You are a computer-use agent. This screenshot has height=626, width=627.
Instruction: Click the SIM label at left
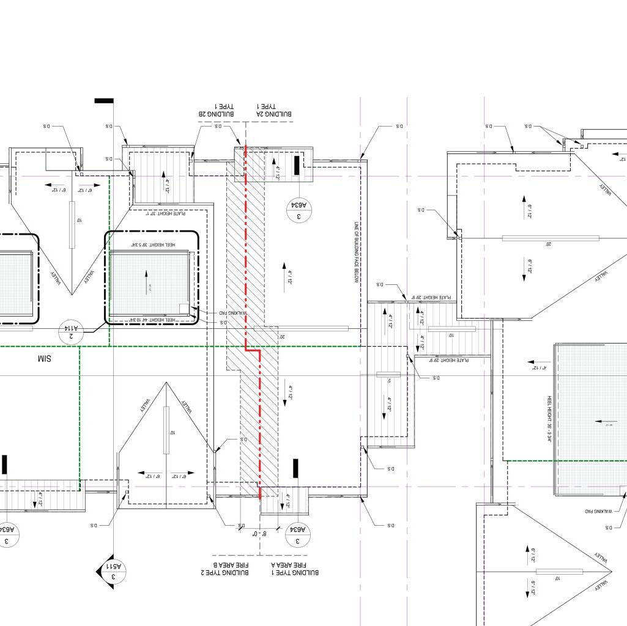point(45,358)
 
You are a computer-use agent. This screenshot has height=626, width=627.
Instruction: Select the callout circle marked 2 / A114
point(70,332)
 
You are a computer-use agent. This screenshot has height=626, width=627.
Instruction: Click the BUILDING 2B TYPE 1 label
point(218,110)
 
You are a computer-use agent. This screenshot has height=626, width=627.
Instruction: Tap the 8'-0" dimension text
point(260,534)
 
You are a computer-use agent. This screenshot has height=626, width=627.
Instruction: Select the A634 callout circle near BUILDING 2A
point(299,211)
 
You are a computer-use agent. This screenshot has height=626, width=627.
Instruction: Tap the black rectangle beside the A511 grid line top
point(104,100)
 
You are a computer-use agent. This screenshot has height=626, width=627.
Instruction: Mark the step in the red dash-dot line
point(253,350)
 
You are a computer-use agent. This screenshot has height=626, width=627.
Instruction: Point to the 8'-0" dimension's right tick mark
point(279,528)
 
